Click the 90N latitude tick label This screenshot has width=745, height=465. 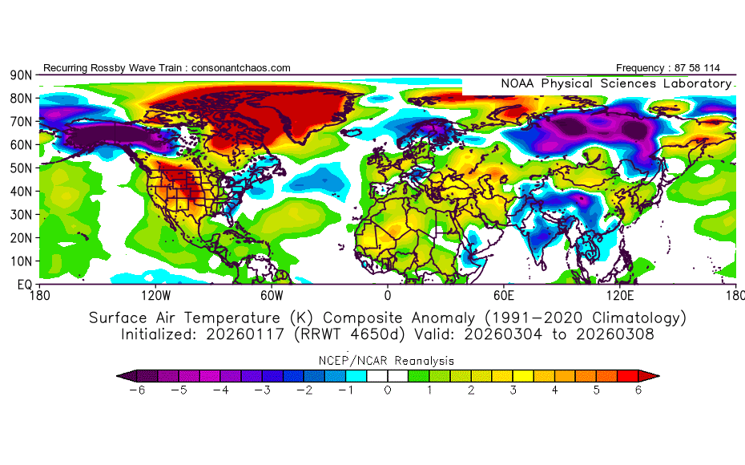[x=20, y=75]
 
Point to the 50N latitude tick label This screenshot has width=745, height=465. [x=20, y=168]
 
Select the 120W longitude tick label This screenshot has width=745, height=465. [x=155, y=296]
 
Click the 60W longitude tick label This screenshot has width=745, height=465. [x=272, y=296]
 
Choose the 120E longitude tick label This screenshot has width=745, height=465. [x=621, y=296]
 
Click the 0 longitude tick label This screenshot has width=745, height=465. [x=388, y=296]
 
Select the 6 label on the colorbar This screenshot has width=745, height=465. [x=639, y=390]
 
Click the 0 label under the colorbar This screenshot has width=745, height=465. [x=388, y=390]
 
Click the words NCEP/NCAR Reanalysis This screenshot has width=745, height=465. [x=388, y=361]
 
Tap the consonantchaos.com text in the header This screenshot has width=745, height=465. [x=241, y=68]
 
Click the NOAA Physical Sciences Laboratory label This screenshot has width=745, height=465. [x=615, y=83]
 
